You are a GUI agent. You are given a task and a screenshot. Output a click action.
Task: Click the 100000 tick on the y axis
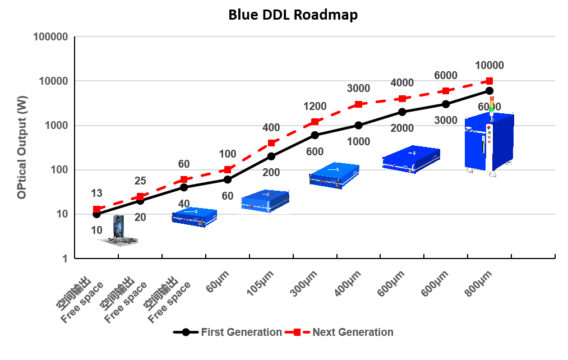[51, 37]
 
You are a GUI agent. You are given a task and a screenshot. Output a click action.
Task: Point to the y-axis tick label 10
[62, 214]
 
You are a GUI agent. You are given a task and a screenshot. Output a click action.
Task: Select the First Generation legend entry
[227, 332]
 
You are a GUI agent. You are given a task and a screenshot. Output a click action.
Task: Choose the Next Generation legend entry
[340, 332]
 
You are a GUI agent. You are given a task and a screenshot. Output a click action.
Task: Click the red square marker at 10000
[490, 81]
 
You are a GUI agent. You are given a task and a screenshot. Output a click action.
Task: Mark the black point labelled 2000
[402, 112]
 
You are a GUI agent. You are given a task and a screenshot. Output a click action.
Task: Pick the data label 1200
[315, 107]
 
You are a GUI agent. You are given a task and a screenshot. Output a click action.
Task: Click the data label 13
[96, 193]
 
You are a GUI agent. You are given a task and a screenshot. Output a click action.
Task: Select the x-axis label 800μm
[478, 283]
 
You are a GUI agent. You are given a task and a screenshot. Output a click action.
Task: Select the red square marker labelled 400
[271, 143]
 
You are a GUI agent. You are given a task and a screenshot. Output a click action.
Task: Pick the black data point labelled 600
[315, 135]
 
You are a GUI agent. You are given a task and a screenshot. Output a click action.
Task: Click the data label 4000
[402, 83]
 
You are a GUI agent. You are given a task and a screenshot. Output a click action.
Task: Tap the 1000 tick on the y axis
[57, 126]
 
